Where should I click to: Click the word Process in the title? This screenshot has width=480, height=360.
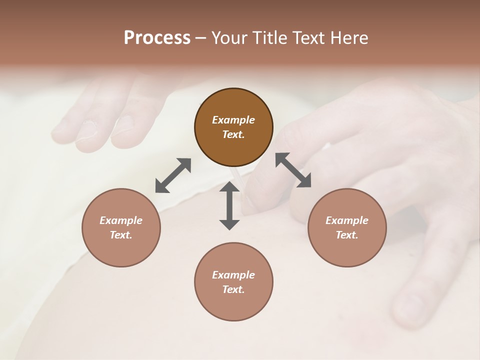tap(157, 38)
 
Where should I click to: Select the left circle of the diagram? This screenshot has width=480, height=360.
tap(121, 227)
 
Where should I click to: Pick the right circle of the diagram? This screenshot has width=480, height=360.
tap(347, 227)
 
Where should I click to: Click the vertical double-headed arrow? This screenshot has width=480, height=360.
tap(229, 205)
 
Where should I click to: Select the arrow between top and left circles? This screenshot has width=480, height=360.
tap(173, 175)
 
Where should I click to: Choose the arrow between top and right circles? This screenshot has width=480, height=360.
tap(293, 170)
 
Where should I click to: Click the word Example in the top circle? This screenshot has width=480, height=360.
tap(233, 120)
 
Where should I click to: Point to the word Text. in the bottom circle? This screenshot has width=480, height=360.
tap(233, 289)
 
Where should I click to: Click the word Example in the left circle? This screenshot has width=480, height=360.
tap(121, 220)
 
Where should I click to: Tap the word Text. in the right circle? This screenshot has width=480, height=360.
tap(347, 235)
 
